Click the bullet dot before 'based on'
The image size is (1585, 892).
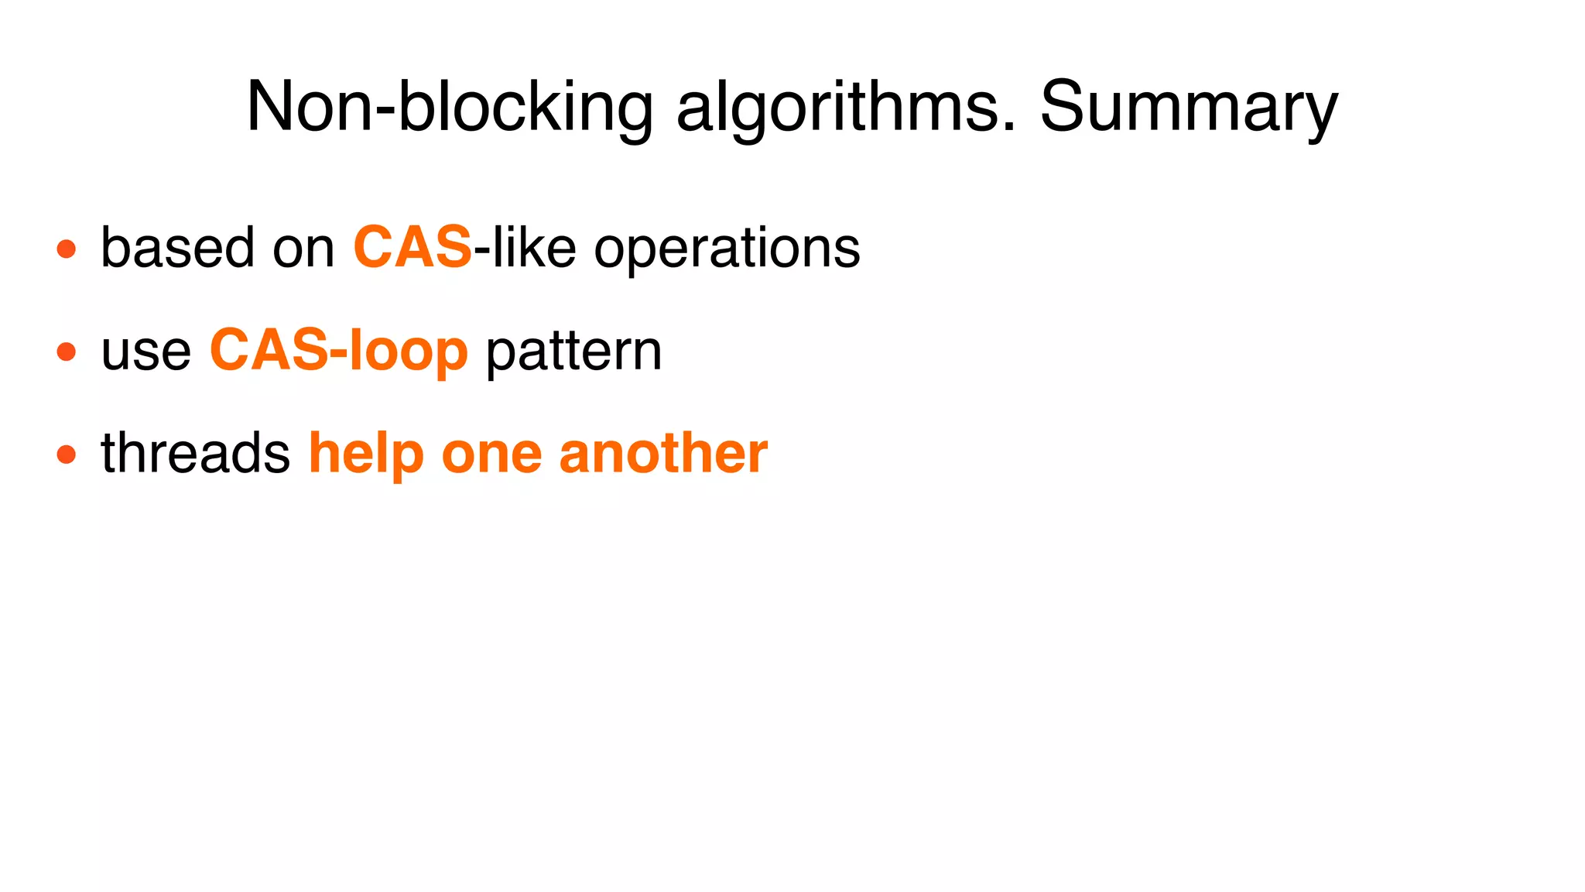[x=67, y=249]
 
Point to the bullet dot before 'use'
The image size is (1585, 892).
[x=67, y=352]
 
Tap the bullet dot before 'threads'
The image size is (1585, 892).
[x=67, y=454]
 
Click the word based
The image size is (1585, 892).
[x=177, y=248]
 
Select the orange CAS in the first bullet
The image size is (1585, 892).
[x=413, y=248]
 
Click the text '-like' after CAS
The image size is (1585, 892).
[x=525, y=248]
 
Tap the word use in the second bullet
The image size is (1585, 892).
[x=145, y=352]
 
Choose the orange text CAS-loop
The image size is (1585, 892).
[x=339, y=352]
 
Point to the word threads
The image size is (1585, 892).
[x=195, y=453]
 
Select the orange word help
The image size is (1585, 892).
[x=366, y=455]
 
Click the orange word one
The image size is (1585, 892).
[x=491, y=455]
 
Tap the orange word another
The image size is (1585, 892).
[x=663, y=453]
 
